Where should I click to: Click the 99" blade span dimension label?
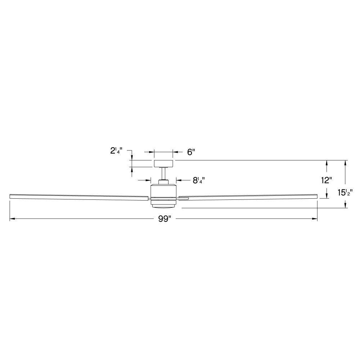click(x=165, y=219)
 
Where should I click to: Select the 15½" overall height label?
click(x=345, y=193)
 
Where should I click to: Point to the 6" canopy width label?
click(x=191, y=152)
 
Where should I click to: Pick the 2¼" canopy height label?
click(x=116, y=150)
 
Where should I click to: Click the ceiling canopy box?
click(x=163, y=163)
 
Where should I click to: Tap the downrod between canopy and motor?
click(x=163, y=174)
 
